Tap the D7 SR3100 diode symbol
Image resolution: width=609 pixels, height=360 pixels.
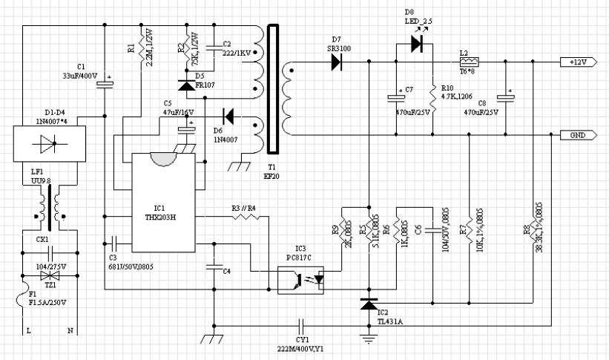click(338, 62)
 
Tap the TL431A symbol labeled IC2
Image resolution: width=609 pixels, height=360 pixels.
click(369, 304)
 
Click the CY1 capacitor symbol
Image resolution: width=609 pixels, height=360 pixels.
click(301, 325)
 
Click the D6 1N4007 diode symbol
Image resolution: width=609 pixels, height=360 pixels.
click(228, 117)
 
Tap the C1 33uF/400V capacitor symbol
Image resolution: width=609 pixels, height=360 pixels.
click(106, 83)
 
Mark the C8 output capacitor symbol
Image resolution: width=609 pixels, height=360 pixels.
click(507, 98)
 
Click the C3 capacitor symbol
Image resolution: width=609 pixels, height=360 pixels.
click(113, 241)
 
